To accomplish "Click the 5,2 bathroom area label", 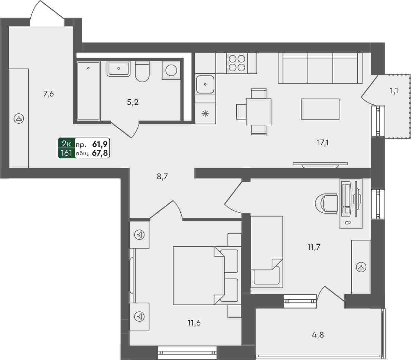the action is point(133,103).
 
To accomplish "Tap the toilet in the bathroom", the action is point(142,71).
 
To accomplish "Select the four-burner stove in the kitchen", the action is point(237,63).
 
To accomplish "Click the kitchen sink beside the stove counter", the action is point(205,84).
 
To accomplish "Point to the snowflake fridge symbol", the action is point(205,114).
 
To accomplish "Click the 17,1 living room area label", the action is point(323,143).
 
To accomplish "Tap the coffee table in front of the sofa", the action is point(320,109).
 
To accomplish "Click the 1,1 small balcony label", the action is point(394,91).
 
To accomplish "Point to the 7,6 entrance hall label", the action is point(48,94).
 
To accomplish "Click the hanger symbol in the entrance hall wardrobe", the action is point(19,119).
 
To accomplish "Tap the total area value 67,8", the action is point(100,153).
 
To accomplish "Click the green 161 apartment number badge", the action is point(67,153).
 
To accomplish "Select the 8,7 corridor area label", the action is point(162,176).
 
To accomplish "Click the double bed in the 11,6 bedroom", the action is point(205,276).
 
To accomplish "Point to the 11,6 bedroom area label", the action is point(194,323).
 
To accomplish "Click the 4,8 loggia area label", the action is point(318,335).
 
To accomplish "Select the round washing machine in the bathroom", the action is point(171,70).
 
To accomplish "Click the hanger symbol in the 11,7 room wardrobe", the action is point(361,267).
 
